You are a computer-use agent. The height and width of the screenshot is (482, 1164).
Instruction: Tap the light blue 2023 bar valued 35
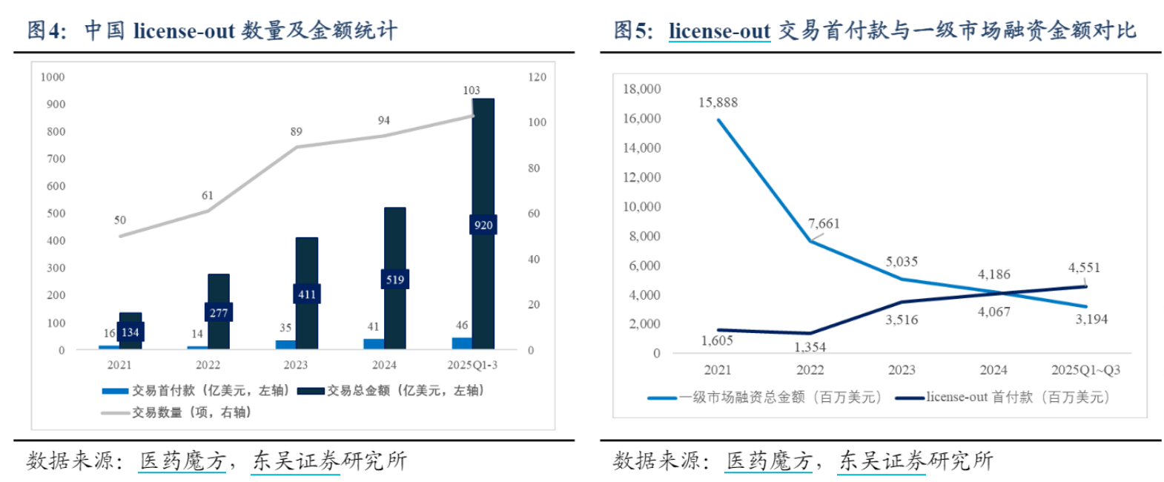[285, 344]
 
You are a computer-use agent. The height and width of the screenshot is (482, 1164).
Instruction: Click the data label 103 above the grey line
[472, 90]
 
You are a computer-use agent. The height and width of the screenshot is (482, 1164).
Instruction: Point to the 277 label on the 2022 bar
[219, 313]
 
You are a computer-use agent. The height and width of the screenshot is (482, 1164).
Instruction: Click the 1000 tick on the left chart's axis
[53, 77]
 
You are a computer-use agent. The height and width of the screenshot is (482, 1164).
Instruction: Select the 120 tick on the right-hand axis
[537, 77]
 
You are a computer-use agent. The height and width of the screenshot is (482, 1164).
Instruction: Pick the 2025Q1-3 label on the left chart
[472, 365]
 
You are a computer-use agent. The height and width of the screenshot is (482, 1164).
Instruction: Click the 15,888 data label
[718, 103]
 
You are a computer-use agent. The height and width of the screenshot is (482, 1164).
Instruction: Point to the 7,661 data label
[824, 224]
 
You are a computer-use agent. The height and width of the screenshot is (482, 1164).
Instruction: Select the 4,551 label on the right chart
[1084, 268]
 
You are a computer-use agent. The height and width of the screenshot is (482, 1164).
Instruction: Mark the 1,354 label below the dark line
[810, 347]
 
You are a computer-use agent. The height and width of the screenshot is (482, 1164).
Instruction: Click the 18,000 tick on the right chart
[641, 89]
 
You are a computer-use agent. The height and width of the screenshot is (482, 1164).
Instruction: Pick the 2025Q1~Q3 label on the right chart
[1085, 370]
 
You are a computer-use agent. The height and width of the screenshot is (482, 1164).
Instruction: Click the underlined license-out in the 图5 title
[719, 31]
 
